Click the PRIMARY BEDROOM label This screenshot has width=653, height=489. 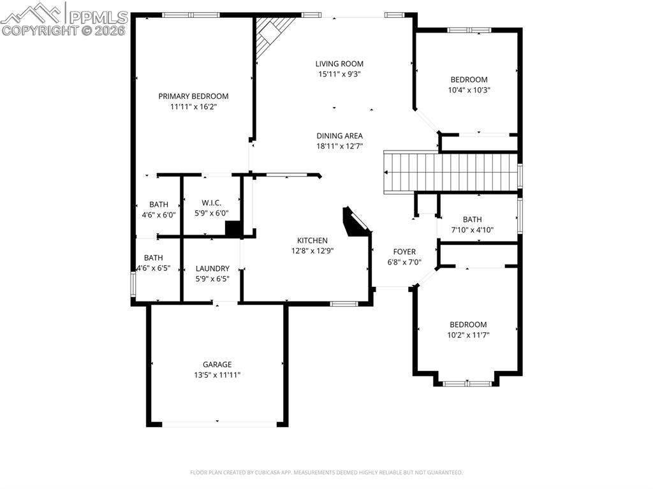tap(193, 96)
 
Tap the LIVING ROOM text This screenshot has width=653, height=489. tap(339, 64)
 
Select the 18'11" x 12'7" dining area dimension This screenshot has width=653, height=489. tap(339, 146)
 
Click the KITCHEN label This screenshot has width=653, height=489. tap(312, 240)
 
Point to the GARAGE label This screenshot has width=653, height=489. tap(217, 365)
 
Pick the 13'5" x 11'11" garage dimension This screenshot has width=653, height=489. tap(217, 375)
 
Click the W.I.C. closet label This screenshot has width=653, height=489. tap(211, 203)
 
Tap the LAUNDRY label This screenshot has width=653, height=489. tap(212, 268)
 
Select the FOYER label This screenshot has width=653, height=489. tap(404, 252)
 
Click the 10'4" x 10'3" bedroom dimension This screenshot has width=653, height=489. tap(469, 90)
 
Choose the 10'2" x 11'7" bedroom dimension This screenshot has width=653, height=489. tap(468, 335)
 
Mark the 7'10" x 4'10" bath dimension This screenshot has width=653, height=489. tap(473, 230)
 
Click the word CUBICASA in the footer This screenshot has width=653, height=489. tap(289, 472)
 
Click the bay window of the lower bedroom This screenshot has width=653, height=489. tap(467, 383)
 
